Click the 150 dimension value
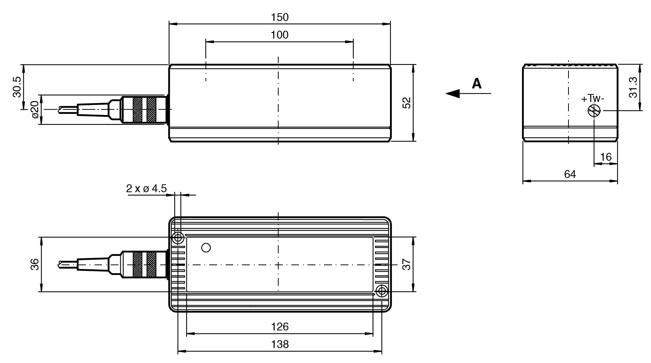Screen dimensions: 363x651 [280, 17]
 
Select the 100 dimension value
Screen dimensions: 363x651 [280, 35]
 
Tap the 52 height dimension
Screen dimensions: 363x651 [406, 103]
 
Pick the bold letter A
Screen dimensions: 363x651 [476, 83]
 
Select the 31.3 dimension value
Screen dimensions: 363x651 [633, 87]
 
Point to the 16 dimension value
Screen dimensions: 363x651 [606, 157]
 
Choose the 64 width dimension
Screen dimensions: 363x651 [570, 174]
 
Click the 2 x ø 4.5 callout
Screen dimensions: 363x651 [146, 188]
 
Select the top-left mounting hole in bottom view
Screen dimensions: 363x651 [178, 238]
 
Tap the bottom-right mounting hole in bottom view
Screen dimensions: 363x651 [382, 291]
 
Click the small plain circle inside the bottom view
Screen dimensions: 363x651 [206, 248]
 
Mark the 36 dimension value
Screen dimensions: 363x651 [34, 264]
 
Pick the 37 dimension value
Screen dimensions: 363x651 [406, 264]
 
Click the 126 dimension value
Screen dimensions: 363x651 [280, 327]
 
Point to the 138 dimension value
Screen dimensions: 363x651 [280, 344]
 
